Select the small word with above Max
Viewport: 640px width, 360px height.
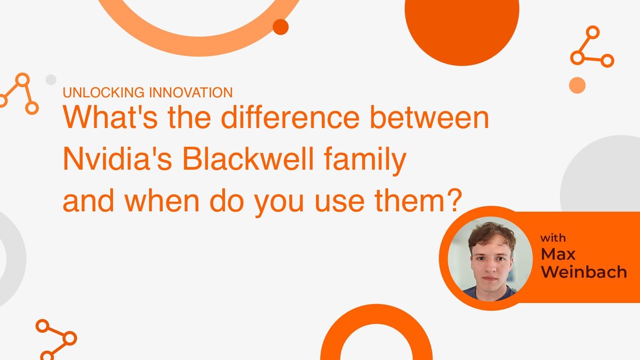click(553, 238)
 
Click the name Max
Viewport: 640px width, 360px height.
click(557, 254)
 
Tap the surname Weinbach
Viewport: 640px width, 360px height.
click(583, 272)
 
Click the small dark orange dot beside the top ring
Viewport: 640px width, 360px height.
click(281, 26)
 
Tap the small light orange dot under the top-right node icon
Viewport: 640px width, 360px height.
click(577, 85)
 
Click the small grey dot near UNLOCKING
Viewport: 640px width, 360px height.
click(51, 79)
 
